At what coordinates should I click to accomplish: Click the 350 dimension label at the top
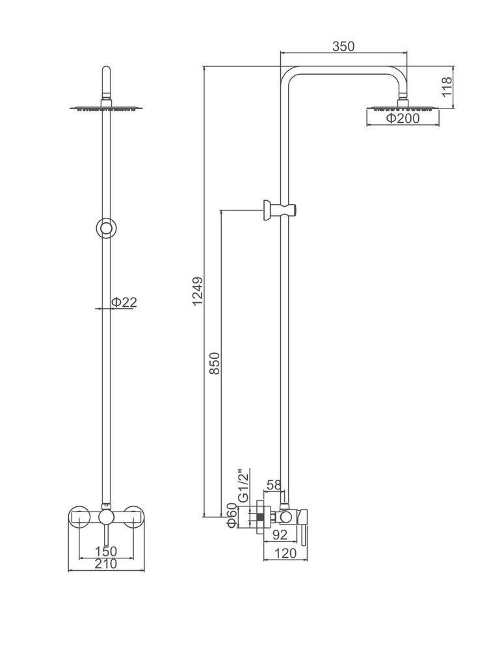343,46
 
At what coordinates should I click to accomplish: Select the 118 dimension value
447,86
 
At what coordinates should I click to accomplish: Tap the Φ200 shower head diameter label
403,118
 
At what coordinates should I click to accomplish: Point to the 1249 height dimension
198,291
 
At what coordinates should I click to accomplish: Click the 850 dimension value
215,363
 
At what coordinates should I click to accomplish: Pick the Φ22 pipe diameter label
123,302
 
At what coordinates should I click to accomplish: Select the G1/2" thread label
243,484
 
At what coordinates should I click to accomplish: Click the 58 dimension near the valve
274,484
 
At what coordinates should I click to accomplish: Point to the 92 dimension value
280,536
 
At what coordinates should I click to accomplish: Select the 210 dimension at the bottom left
106,564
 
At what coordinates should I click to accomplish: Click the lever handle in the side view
301,530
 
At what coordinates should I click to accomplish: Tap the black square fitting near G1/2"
259,518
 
